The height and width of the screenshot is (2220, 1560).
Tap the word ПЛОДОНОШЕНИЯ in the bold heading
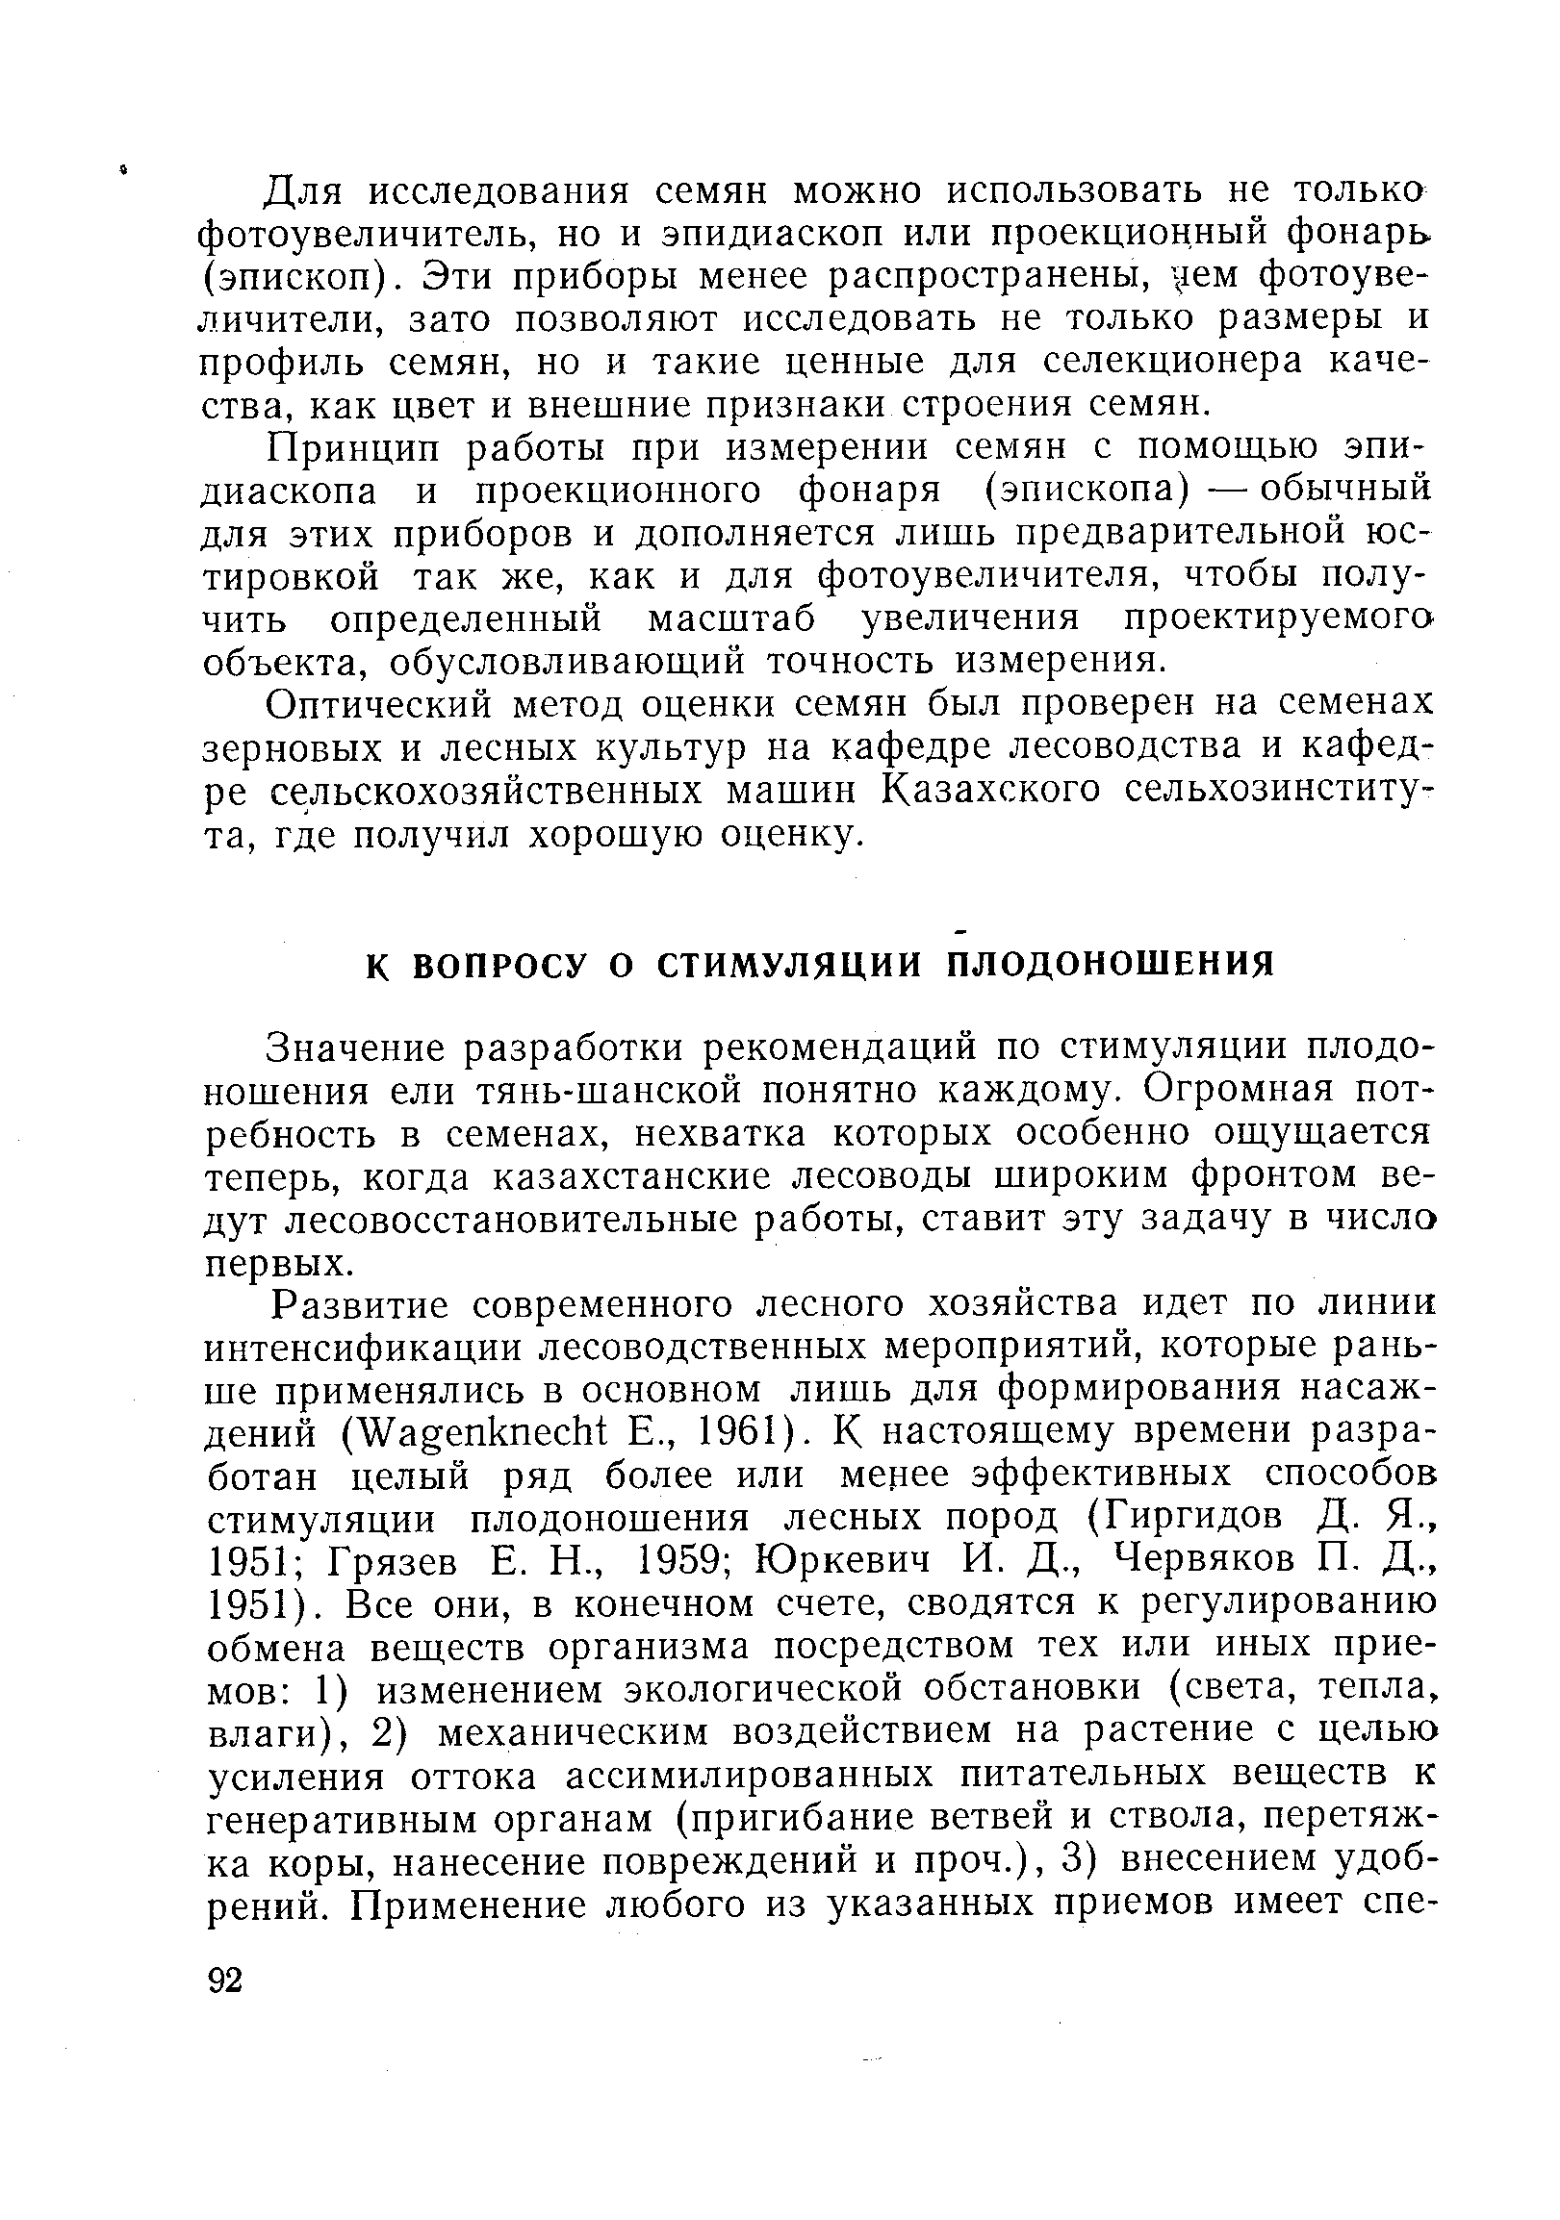pos(1110,965)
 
